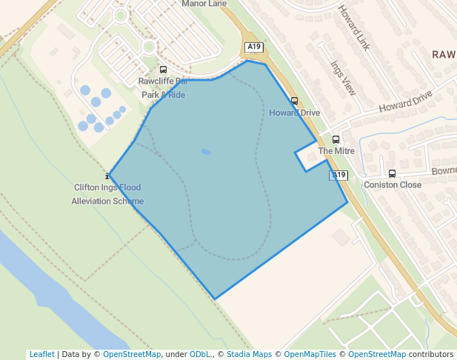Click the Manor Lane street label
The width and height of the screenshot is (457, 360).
(x=204, y=4)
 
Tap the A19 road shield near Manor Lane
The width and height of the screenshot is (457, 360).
(x=254, y=47)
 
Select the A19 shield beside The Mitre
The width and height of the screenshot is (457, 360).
(x=338, y=175)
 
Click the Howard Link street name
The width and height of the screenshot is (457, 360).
(x=354, y=28)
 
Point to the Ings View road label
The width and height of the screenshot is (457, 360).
(x=344, y=78)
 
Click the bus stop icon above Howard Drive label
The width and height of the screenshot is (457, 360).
(x=294, y=101)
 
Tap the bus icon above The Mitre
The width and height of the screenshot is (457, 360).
(x=336, y=139)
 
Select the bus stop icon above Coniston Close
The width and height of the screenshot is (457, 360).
(x=392, y=174)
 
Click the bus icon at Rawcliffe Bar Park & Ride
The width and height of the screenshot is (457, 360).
(x=163, y=69)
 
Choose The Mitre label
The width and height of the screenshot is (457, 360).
(x=336, y=151)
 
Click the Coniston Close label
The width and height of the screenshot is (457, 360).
(x=392, y=185)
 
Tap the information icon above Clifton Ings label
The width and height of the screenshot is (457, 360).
(x=109, y=176)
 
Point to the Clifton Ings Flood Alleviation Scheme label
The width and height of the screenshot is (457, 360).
(x=107, y=194)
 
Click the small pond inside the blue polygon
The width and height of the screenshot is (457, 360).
(x=206, y=152)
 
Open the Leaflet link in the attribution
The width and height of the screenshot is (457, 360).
(x=41, y=354)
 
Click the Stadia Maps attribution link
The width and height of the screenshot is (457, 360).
(x=249, y=354)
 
